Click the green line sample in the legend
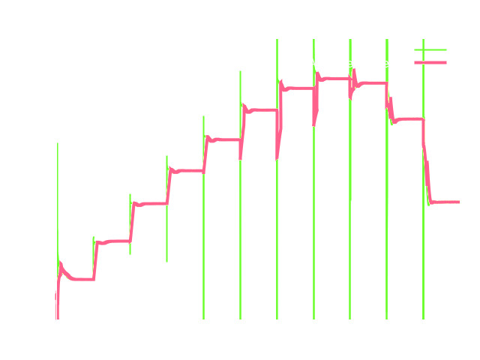430,50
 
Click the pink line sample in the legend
430,63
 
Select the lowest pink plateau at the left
79,280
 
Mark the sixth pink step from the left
261,110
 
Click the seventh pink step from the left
297,88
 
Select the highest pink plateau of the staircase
333,78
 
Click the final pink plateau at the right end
445,202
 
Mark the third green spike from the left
130,225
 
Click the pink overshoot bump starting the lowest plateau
61,264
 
